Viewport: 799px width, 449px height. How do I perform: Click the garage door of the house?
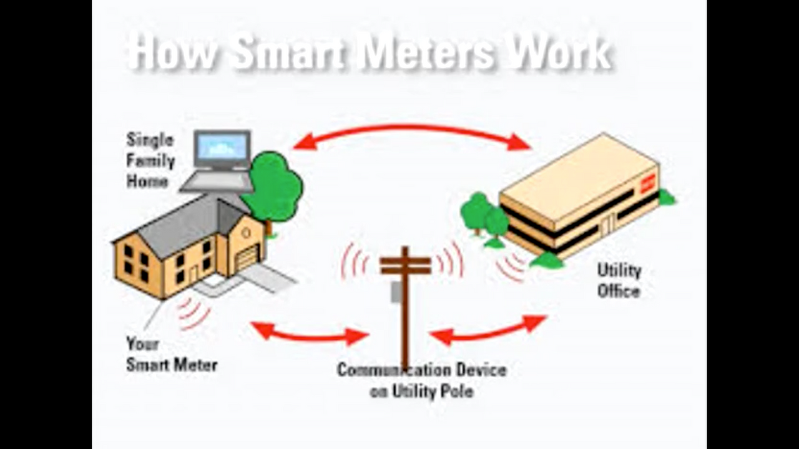[247, 257]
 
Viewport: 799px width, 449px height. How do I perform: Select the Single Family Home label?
[150, 160]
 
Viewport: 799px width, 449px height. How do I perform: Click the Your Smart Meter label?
[171, 354]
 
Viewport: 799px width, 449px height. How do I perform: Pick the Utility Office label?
[619, 281]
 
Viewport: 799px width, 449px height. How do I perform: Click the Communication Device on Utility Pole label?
[421, 380]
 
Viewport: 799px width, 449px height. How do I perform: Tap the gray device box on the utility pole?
[395, 292]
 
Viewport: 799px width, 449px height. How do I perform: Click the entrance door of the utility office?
[606, 224]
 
